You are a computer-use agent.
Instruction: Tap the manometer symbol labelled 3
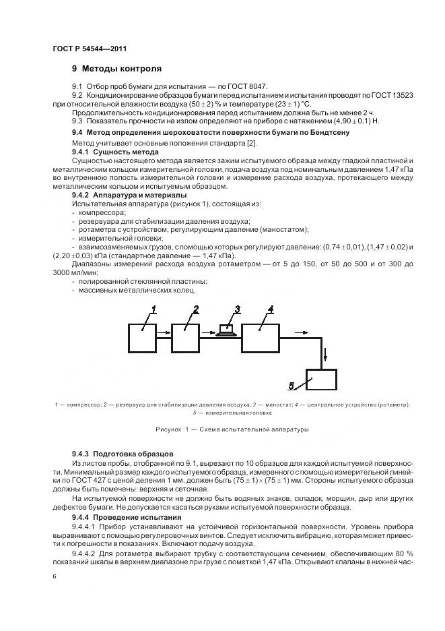coord(228,329)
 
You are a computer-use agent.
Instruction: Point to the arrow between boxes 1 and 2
coord(162,332)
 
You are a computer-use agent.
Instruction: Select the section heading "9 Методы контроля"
coord(116,69)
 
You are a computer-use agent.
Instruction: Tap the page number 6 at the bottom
coord(53,577)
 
